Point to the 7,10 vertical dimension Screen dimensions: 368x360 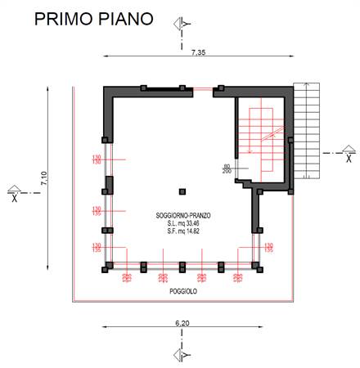44,182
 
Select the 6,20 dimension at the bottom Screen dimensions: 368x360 181,325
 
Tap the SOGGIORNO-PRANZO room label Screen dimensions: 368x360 184,215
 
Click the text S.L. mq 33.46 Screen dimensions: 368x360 184,222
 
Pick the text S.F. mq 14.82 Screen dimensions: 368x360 184,231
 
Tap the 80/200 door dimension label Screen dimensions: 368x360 226,169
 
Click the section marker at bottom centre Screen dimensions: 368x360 182,353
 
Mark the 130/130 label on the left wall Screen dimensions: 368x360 97,159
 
